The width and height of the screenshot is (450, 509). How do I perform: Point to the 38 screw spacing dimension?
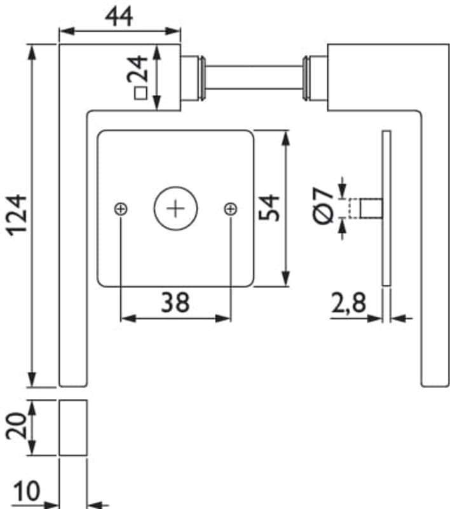tap(175, 302)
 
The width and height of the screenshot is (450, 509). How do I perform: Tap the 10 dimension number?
tap(27, 491)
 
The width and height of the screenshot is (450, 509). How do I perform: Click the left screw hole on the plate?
tap(121, 208)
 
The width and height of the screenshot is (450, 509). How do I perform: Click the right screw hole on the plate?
tap(231, 208)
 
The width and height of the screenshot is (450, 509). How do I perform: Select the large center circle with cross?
tap(175, 208)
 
